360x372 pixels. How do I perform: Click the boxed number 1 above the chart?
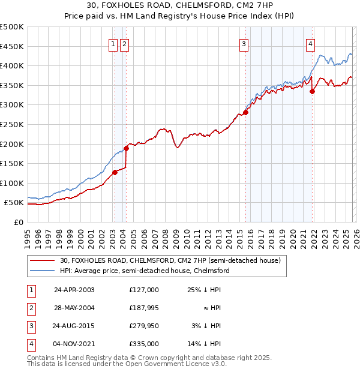point(113,43)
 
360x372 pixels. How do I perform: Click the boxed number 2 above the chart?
point(124,43)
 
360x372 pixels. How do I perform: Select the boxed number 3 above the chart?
point(244,43)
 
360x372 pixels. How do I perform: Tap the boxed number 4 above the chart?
point(310,43)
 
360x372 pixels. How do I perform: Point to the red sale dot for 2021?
point(312,91)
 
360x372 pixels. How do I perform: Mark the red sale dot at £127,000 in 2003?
point(115,172)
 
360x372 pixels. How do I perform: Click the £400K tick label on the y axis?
point(12,65)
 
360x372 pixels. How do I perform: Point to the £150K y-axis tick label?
point(12,163)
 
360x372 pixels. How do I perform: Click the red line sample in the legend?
point(43,260)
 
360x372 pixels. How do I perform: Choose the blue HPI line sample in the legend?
point(43,271)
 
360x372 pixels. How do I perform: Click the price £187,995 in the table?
point(143,307)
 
